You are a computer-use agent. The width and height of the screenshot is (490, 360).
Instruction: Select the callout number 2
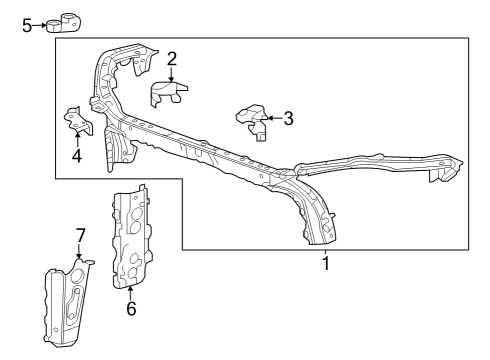point(172,59)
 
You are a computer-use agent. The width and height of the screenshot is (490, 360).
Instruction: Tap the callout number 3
point(288,119)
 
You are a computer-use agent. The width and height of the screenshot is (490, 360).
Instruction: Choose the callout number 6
point(130,308)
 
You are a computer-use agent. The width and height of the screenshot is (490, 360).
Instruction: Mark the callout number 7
point(81,235)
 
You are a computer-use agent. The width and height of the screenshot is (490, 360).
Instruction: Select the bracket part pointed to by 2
point(169,94)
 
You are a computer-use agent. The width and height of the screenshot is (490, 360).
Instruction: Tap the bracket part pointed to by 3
point(252,122)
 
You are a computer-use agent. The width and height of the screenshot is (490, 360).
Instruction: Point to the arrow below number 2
point(172,76)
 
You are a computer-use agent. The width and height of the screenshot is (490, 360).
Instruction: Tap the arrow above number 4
point(76,139)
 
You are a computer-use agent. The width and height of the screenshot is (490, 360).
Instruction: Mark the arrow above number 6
point(130,292)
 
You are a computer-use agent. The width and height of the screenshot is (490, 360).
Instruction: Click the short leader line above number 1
point(325,252)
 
